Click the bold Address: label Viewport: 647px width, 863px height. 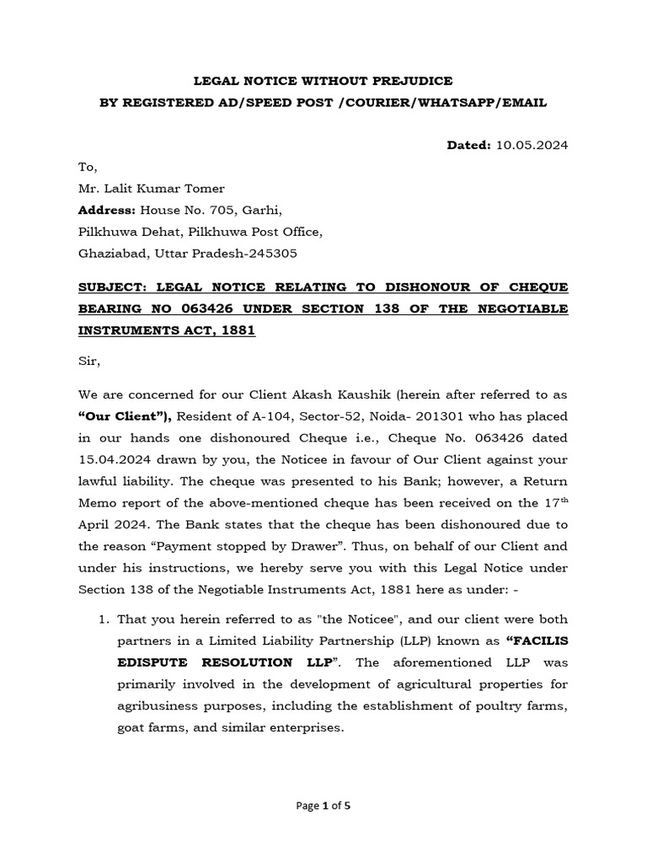coord(106,210)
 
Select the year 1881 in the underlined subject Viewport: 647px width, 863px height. coord(235,331)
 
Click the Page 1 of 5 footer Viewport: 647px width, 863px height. coord(323,806)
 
